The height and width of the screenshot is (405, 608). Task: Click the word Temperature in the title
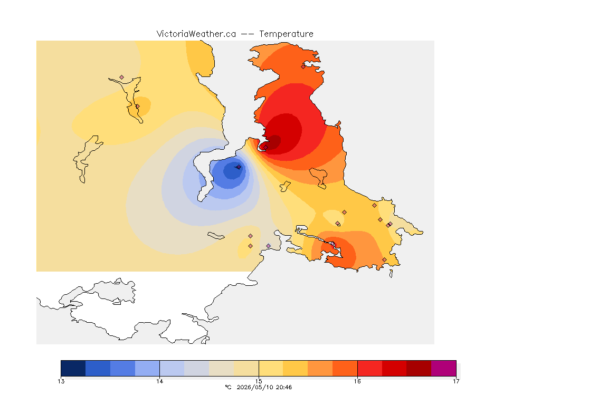(x=286, y=34)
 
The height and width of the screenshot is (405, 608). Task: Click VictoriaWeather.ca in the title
(x=196, y=34)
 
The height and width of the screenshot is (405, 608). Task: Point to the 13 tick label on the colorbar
(x=61, y=381)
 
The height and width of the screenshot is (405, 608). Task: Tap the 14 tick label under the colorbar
(x=160, y=381)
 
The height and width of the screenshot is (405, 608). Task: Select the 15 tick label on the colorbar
(x=259, y=381)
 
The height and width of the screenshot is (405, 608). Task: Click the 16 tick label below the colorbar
(x=357, y=381)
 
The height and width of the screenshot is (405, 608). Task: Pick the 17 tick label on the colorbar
(x=456, y=381)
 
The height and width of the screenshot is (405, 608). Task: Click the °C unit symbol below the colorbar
(x=228, y=387)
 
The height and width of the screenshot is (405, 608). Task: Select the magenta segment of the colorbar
(x=443, y=368)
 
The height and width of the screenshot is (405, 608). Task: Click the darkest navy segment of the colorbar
(x=73, y=368)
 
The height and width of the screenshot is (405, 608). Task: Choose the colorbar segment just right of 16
(x=369, y=368)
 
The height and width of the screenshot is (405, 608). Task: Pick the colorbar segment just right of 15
(x=271, y=368)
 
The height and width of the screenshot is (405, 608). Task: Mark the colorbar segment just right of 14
(x=172, y=368)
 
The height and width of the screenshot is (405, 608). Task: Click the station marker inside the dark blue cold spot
(x=239, y=167)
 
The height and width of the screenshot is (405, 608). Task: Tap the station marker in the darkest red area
(x=265, y=147)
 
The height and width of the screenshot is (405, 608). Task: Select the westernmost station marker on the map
(x=122, y=78)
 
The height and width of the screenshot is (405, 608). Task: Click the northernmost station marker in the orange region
(x=303, y=66)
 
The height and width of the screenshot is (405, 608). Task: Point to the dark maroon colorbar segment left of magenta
(x=419, y=368)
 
